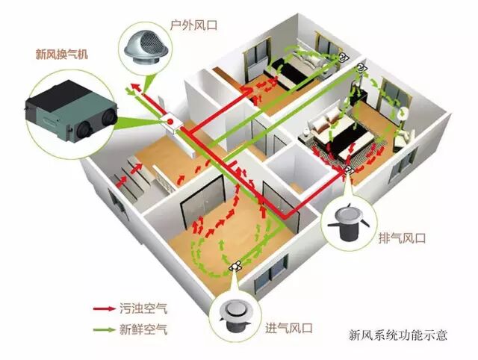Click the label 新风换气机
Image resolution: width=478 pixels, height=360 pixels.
point(61,53)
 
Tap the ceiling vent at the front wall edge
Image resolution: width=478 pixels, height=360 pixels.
point(237,265)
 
